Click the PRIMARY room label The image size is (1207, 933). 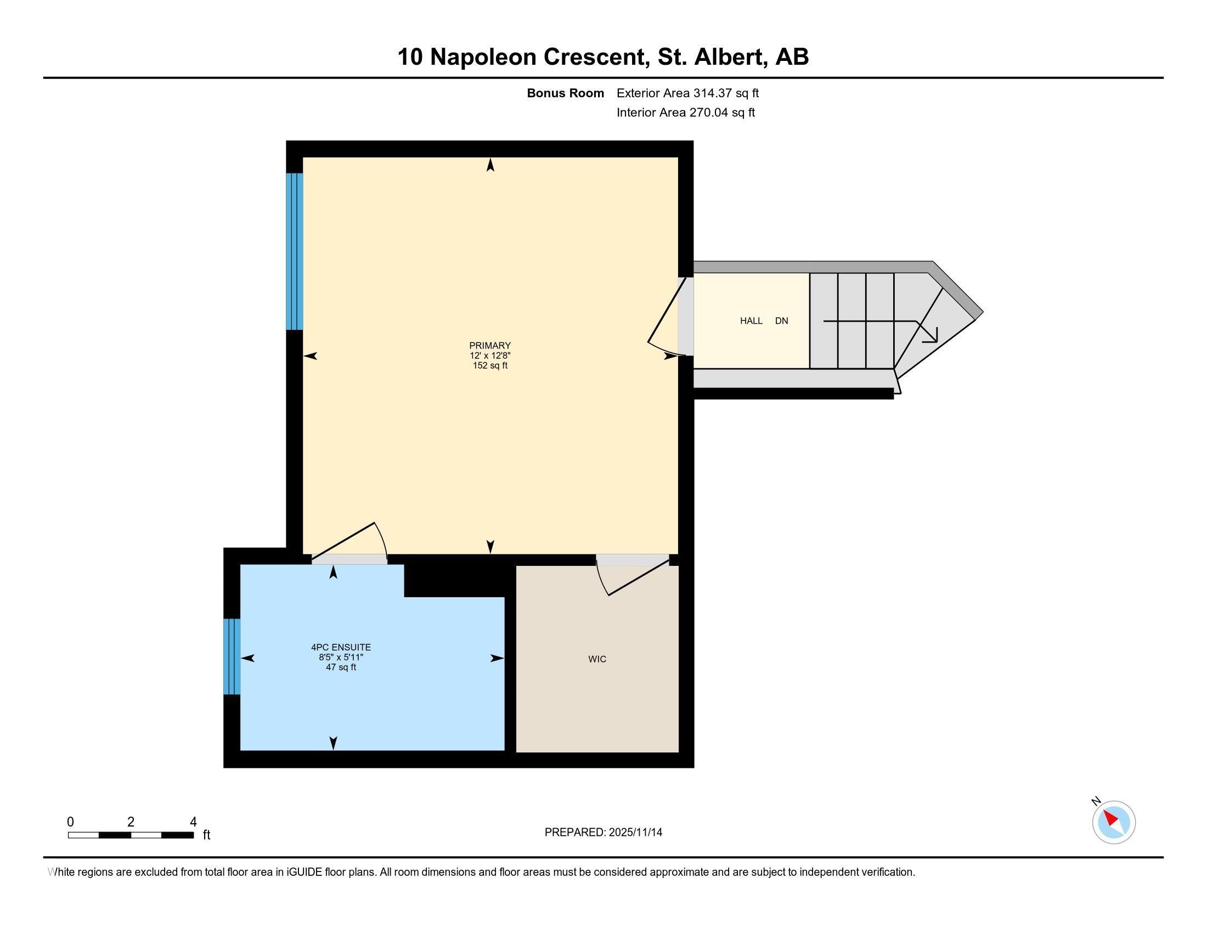tap(489, 345)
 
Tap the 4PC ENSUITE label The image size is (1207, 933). tap(341, 647)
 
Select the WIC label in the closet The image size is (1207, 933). tap(597, 659)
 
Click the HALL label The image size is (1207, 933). tap(751, 321)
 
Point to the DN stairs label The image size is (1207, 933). tap(781, 321)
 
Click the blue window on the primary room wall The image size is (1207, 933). tap(295, 251)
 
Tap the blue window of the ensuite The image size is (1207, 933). tap(232, 656)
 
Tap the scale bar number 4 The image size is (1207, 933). tap(193, 822)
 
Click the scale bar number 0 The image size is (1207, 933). tap(70, 822)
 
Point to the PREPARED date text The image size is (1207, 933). tap(603, 833)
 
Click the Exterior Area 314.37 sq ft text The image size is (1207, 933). tap(687, 93)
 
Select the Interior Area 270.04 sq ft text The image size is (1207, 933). tap(685, 113)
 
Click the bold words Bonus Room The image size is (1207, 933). tap(565, 93)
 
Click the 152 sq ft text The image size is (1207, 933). tap(489, 366)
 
